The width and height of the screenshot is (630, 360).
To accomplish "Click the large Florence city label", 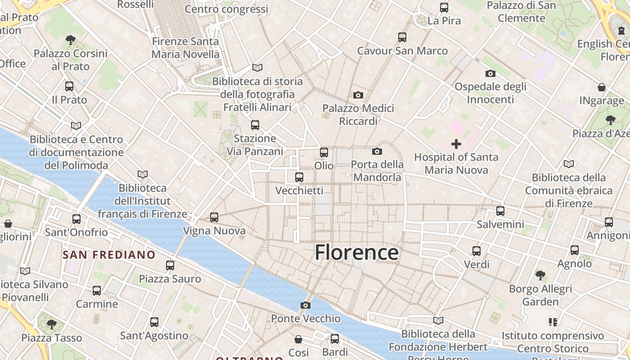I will pos(356,252).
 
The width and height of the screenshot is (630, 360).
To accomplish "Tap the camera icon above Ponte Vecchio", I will pos(306,306).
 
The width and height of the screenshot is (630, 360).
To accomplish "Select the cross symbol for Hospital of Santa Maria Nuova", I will pos(456,144).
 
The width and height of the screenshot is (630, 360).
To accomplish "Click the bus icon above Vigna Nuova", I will pos(214,217).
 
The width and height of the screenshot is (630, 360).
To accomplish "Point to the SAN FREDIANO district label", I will pos(109,255).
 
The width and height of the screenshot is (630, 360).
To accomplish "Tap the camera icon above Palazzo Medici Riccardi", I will pos(358,95).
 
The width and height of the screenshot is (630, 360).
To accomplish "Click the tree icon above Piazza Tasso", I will pos(52,324).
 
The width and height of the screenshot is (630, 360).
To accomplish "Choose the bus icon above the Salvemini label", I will pos(500,211).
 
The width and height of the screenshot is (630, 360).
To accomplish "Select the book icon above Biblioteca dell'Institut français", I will pos(143,174).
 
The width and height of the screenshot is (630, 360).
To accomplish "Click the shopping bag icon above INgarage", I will pos(602,87).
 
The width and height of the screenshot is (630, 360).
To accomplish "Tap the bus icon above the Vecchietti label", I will pos(299,177).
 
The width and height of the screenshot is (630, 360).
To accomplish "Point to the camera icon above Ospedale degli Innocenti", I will pos(490,73).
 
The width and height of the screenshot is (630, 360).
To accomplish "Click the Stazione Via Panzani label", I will pos(255,145).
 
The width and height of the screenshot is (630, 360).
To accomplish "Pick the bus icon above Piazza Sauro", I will pos(170,265).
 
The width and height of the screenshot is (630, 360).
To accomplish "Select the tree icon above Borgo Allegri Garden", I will pos(540,275).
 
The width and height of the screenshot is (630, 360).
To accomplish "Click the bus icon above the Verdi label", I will pos(477,251).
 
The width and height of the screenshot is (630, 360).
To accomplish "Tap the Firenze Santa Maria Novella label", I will pos(185,48).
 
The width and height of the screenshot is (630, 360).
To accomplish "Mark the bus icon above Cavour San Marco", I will pos(402,37).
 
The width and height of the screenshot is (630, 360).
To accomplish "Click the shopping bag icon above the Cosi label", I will pos(298,339).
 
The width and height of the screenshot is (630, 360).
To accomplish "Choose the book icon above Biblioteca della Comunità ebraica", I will pos(569,164).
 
